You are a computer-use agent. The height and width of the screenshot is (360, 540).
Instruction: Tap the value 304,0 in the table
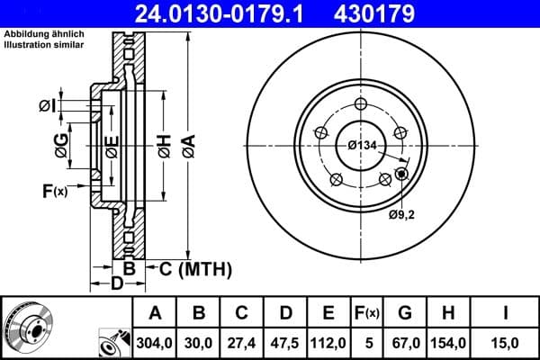tap(156, 342)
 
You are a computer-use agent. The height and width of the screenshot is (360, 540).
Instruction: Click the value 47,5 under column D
tap(286, 342)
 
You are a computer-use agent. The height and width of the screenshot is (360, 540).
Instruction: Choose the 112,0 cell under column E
tap(329, 342)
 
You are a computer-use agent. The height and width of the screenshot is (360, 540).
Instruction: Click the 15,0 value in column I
tap(507, 342)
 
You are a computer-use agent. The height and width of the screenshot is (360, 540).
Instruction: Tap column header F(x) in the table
tap(367, 313)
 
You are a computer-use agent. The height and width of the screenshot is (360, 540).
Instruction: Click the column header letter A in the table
tap(156, 313)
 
